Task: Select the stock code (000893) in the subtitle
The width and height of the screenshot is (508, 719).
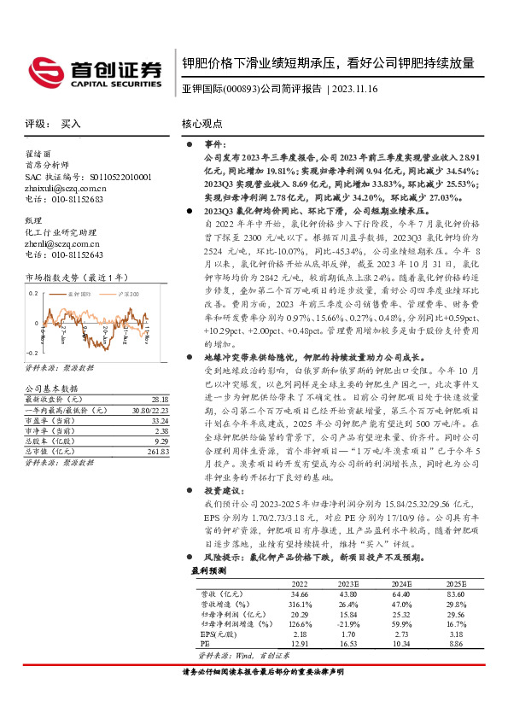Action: click(240, 89)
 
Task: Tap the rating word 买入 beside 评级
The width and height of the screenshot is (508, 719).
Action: click(71, 124)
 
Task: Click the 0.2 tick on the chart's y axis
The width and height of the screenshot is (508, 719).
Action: click(32, 293)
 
